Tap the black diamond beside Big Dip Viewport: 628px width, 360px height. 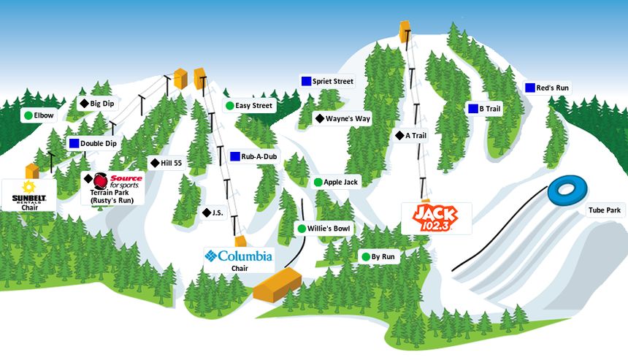(84, 104)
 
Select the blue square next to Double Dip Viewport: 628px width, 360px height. (74, 144)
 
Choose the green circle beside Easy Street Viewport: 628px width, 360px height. (229, 106)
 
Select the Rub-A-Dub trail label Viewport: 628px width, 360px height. (259, 156)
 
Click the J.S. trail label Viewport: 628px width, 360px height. (217, 212)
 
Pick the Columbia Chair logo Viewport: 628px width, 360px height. (239, 256)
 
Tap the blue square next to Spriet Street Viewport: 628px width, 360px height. (305, 81)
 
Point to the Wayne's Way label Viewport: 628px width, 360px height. (348, 118)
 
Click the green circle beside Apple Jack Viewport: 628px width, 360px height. (318, 182)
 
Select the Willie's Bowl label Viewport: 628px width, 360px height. (329, 229)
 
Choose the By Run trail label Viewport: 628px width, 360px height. (383, 257)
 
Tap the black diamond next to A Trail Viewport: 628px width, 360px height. (399, 135)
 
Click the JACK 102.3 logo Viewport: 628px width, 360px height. (436, 218)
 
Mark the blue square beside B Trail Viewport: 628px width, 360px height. (472, 109)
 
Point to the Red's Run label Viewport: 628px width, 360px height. (552, 88)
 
